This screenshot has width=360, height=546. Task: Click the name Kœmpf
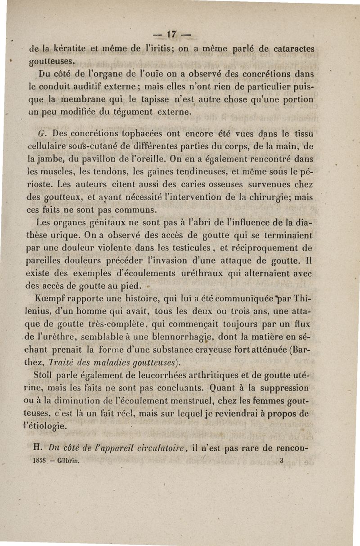pos(53,297)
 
